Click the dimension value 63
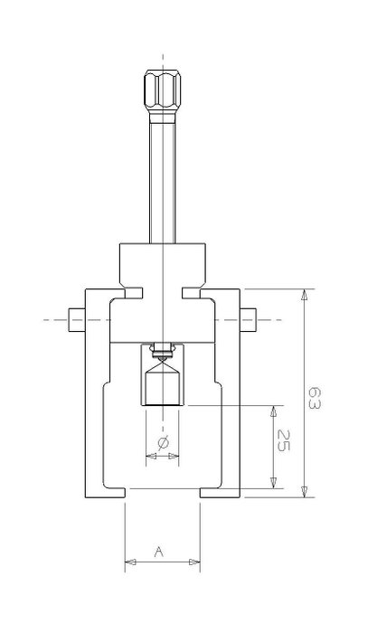[x=315, y=398]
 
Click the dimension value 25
[x=284, y=440]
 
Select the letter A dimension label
[x=159, y=552]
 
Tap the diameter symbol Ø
[x=162, y=443]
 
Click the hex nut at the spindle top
[x=162, y=91]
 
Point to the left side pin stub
[x=77, y=320]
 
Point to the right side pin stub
[x=248, y=320]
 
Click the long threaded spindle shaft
[x=162, y=178]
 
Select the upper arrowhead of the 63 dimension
[x=305, y=295]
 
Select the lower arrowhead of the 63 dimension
[x=305, y=491]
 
